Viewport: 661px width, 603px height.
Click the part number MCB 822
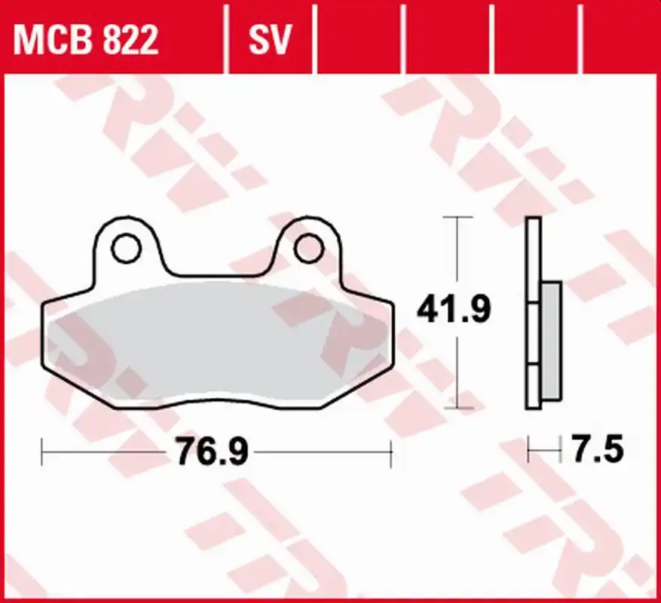point(86,39)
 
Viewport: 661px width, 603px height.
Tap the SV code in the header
point(270,39)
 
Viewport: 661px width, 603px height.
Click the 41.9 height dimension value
point(454,310)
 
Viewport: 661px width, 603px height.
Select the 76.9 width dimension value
point(213,451)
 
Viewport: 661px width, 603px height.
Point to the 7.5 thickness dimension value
point(597,449)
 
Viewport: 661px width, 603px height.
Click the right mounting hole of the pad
point(310,249)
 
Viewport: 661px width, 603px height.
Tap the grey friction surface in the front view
point(217,341)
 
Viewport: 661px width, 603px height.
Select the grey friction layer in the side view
point(552,341)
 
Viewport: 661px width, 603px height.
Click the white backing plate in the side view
point(534,313)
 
